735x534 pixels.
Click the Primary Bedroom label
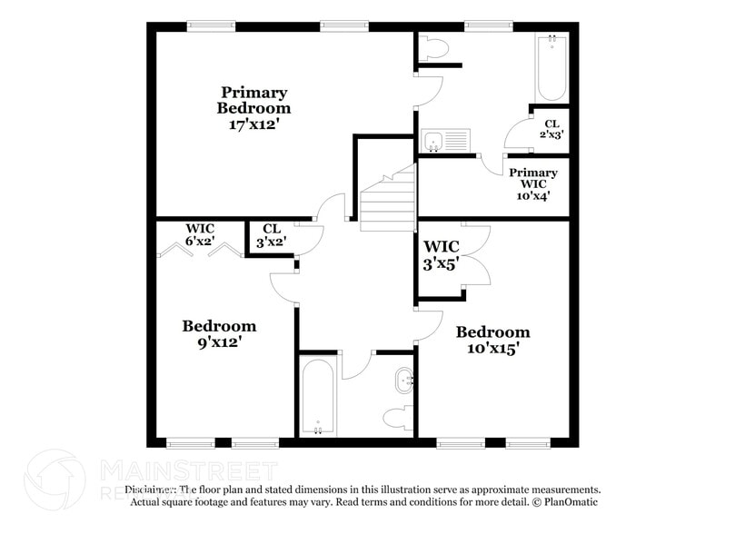coord(254,100)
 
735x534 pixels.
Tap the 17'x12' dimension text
coord(254,124)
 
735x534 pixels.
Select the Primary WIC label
coord(533,179)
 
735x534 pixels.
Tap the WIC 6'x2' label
coord(200,234)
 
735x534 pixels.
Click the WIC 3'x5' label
coord(442,255)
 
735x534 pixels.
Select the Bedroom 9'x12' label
coord(219,334)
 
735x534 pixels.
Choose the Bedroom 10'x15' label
coord(492,340)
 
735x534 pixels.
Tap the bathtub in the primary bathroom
coord(551,69)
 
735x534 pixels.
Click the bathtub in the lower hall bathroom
coord(318,398)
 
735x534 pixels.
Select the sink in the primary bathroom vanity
coord(435,141)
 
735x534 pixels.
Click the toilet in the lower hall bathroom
coord(396,419)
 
